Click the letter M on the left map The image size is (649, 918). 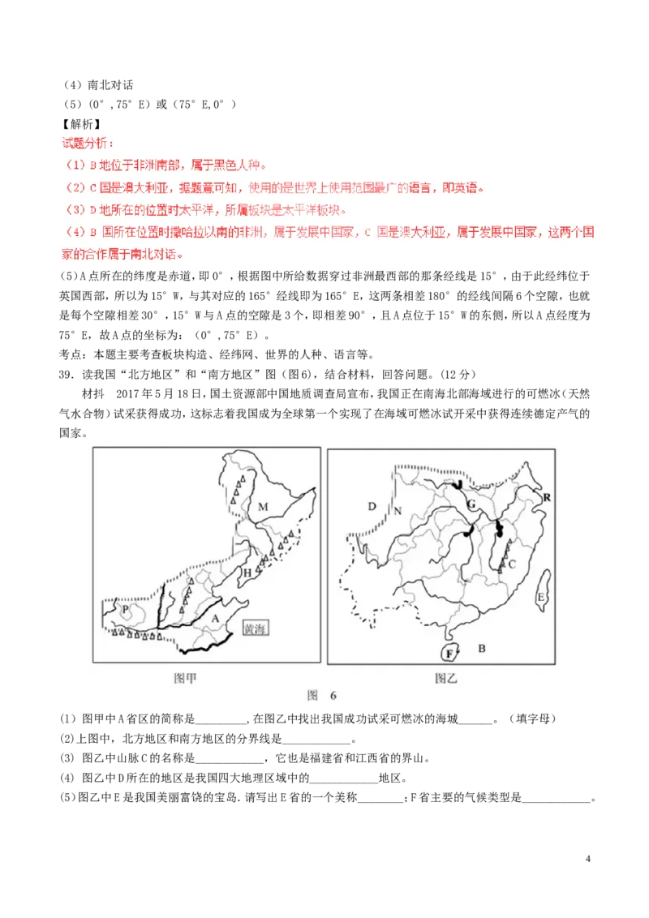263,507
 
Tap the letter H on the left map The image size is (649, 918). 247,573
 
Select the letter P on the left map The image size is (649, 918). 125,608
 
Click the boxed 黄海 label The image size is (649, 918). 255,629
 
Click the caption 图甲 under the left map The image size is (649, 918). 185,678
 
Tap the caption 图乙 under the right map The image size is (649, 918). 445,678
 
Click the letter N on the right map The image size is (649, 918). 398,510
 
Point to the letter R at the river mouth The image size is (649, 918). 547,495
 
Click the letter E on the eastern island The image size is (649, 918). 540,598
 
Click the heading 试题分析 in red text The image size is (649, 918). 88,144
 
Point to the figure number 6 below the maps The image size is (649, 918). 332,696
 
